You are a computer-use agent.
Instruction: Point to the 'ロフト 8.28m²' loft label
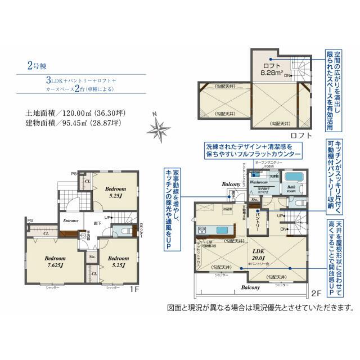(x=269, y=69)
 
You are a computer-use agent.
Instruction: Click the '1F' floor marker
(x=133, y=290)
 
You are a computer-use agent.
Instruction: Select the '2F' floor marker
(x=316, y=294)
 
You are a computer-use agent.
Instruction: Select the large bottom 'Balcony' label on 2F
(x=251, y=287)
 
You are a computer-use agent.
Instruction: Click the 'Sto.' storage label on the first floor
(x=92, y=257)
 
